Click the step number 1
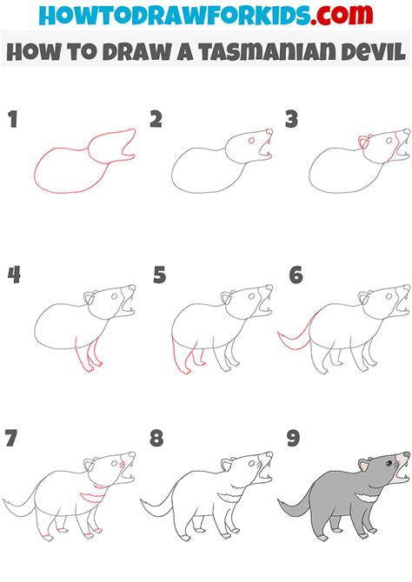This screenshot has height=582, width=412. [12, 120]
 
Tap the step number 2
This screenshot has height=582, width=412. [156, 120]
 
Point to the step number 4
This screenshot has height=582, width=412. [14, 275]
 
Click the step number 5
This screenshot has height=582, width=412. [158, 275]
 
